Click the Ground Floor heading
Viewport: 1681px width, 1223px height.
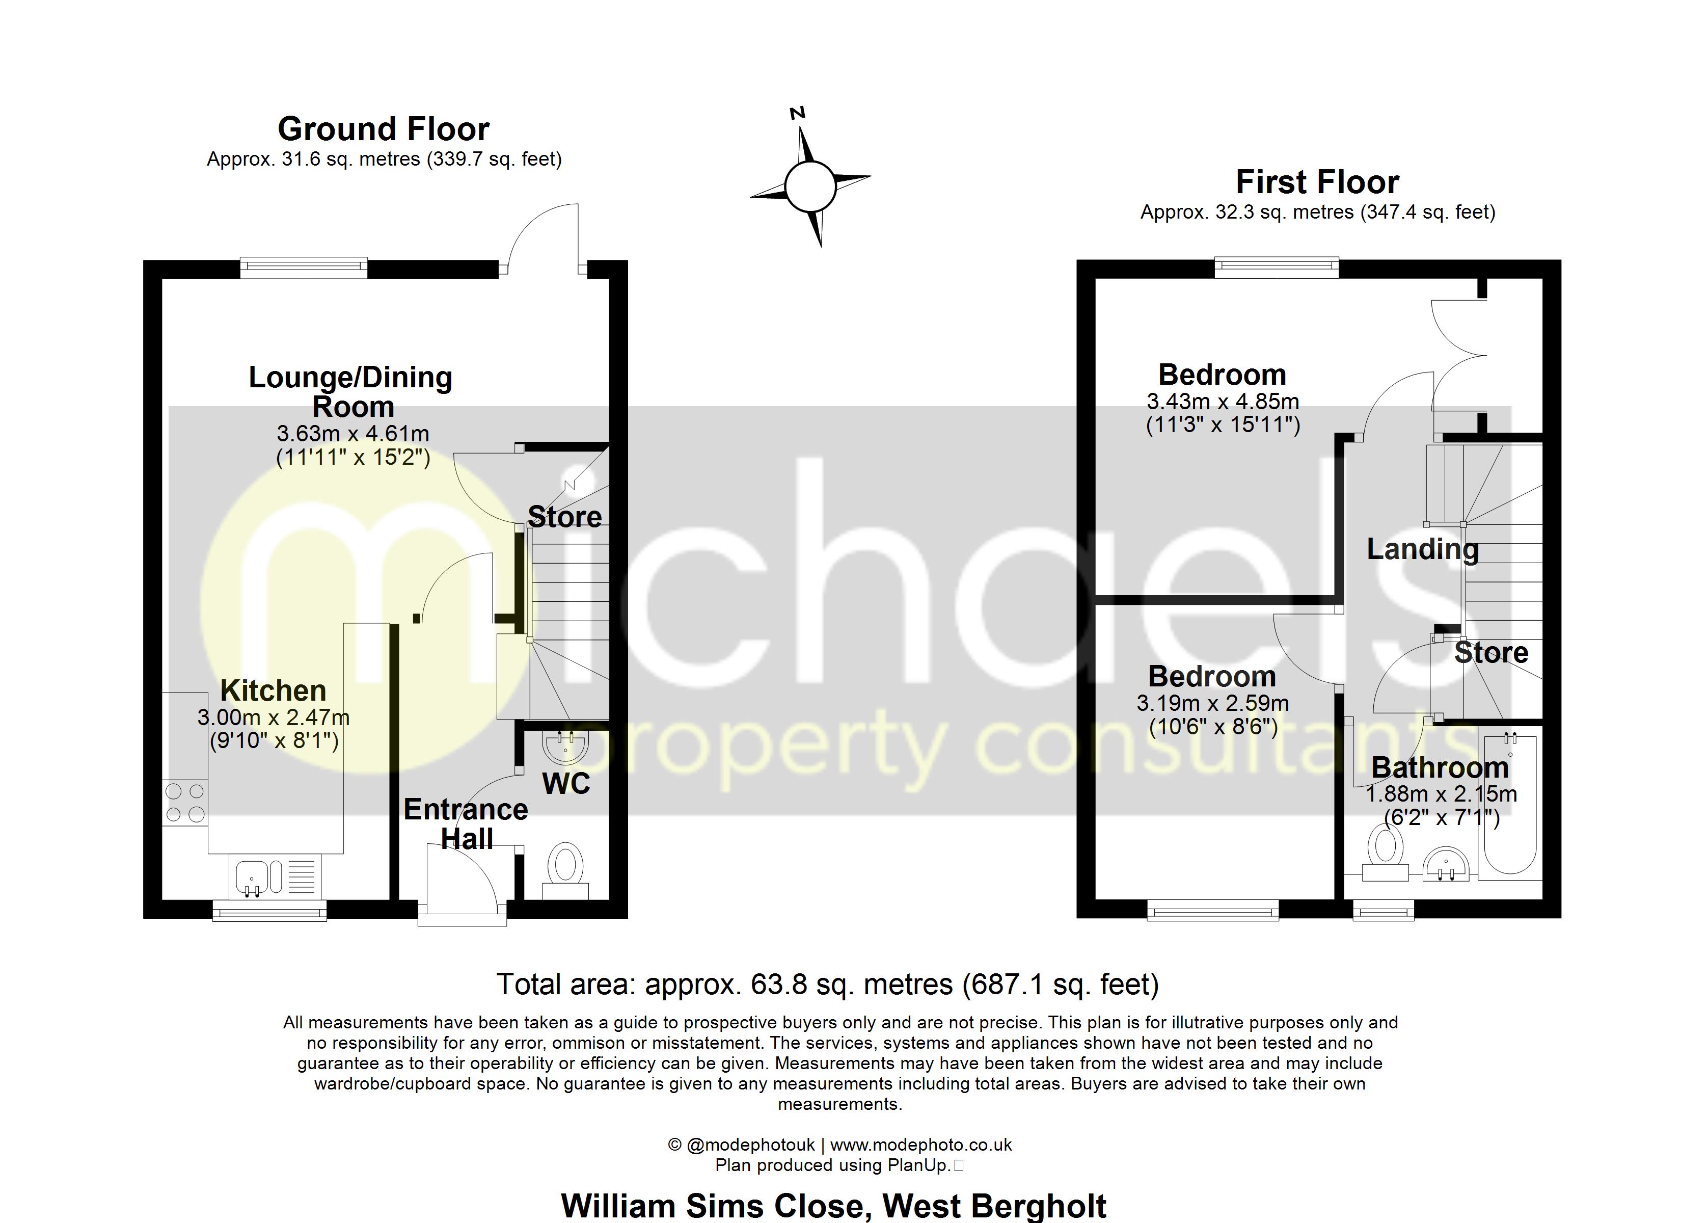[383, 129]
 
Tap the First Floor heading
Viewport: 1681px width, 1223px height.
[1317, 182]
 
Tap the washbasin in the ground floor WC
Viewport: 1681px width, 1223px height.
[565, 746]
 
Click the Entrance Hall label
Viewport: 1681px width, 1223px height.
[466, 824]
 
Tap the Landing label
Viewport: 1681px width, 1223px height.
[1422, 549]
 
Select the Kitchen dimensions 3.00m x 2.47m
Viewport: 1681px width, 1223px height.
[274, 718]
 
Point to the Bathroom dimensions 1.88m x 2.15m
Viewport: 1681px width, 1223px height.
[1441, 794]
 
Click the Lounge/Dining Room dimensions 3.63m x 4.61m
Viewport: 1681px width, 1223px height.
[353, 434]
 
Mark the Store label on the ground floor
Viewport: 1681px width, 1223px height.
[565, 517]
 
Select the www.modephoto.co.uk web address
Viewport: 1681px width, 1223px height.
[920, 1145]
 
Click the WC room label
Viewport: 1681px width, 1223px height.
[566, 783]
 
